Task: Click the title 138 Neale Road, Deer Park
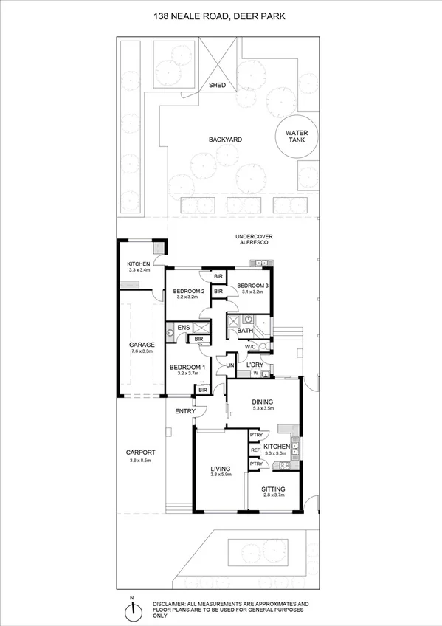(x=221, y=16)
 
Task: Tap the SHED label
(x=218, y=84)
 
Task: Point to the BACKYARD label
(x=225, y=139)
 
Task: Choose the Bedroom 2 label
(x=188, y=292)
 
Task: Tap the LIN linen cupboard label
(x=229, y=365)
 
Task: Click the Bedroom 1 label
(x=187, y=367)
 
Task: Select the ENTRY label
(x=184, y=411)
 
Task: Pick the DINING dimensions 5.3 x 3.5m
(x=263, y=408)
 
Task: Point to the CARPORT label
(x=139, y=453)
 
